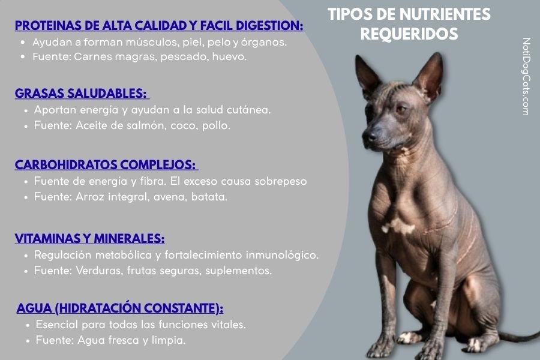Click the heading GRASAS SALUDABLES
pyautogui.click(x=80, y=94)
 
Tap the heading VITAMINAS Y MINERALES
pyautogui.click(x=89, y=238)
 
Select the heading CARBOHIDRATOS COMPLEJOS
pyautogui.click(x=105, y=165)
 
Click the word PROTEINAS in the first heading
pyautogui.click(x=49, y=26)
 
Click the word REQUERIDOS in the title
pyautogui.click(x=409, y=34)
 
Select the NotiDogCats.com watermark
pyautogui.click(x=526, y=76)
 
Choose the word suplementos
pyautogui.click(x=238, y=271)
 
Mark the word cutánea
pyautogui.click(x=249, y=110)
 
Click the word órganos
pyautogui.click(x=268, y=43)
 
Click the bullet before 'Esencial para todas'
pyautogui.click(x=29, y=325)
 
